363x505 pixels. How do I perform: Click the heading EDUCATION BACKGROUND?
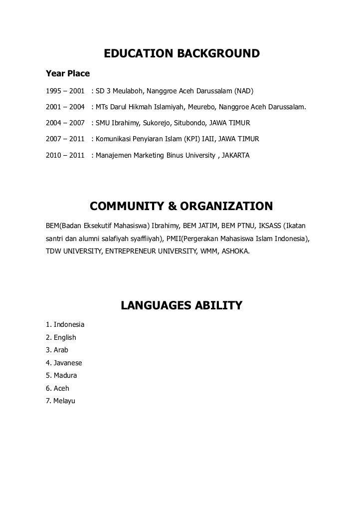(181, 54)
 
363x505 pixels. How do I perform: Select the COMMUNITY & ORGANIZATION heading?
(181, 207)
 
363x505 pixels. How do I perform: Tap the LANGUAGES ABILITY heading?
(181, 305)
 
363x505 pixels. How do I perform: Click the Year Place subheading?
(67, 74)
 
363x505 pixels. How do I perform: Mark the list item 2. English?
(61, 337)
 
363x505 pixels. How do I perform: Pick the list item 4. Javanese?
(64, 363)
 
